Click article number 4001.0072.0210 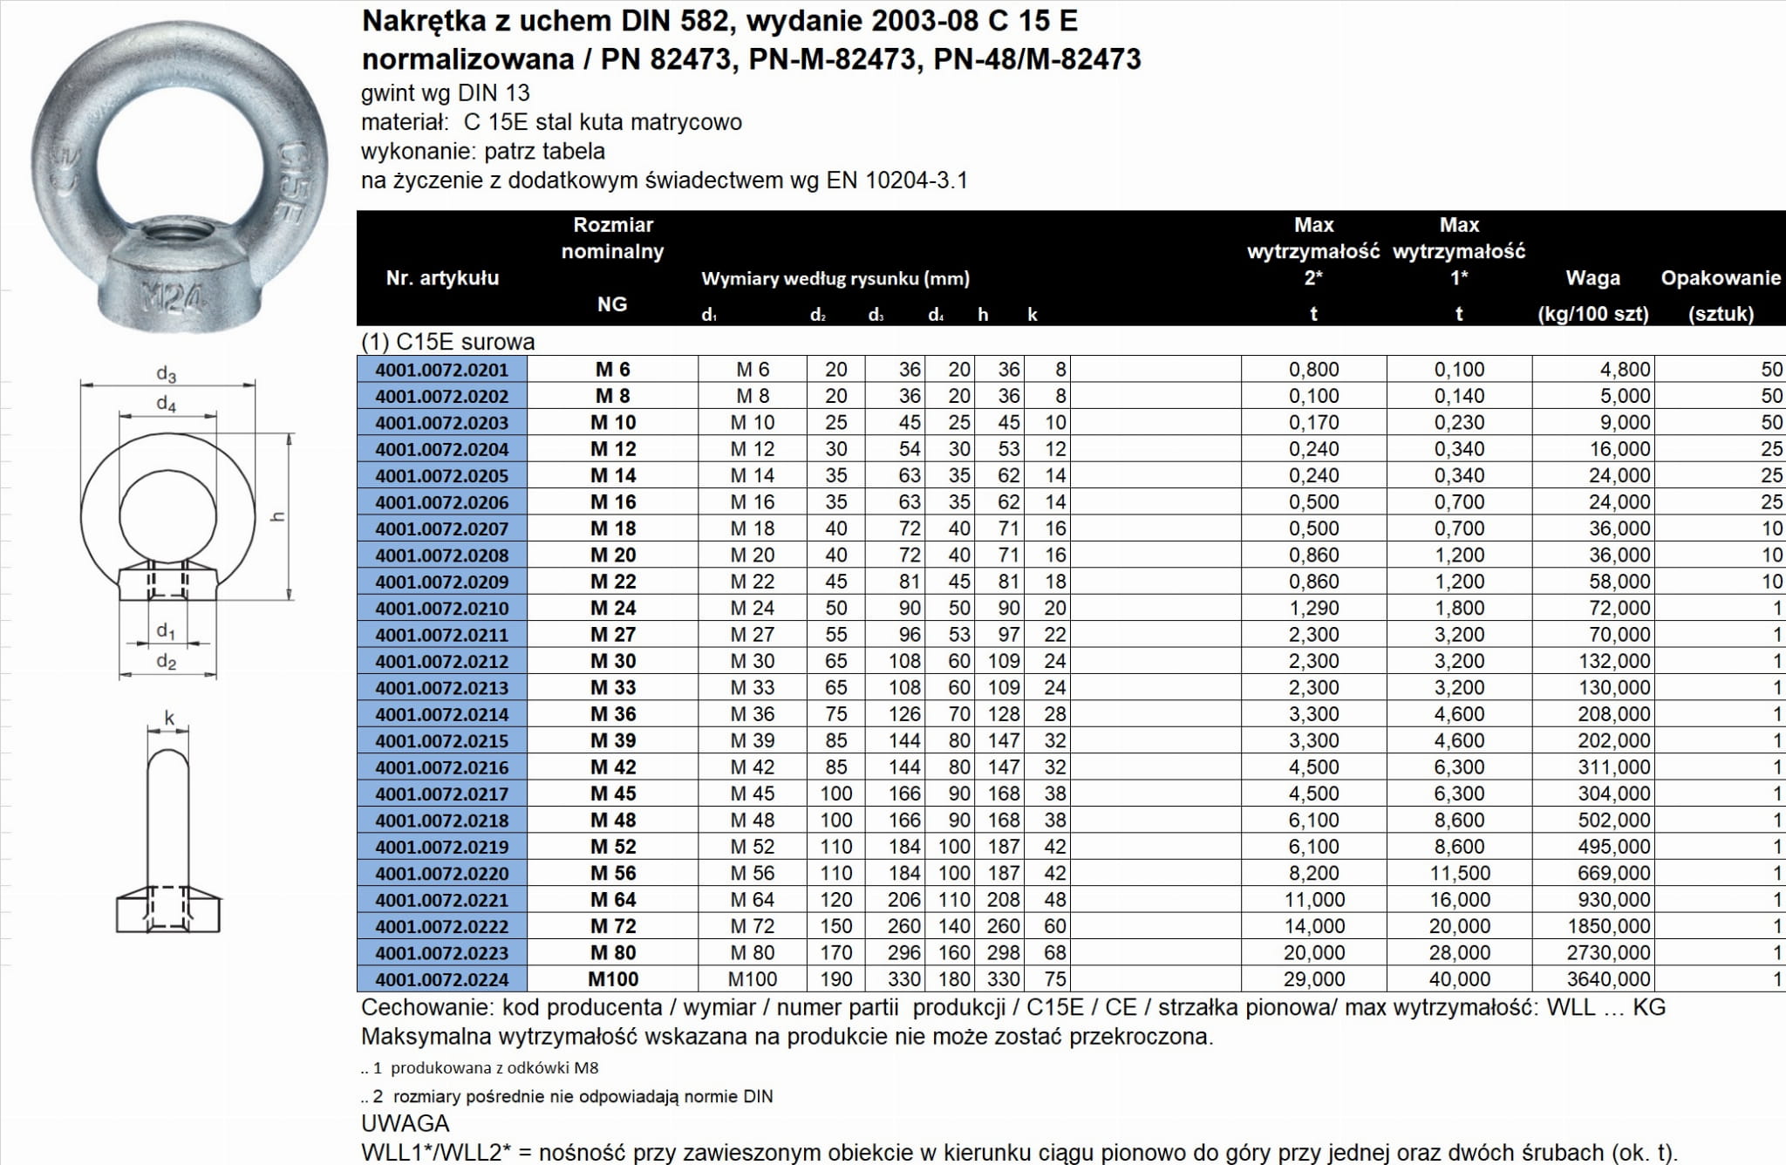[x=442, y=608]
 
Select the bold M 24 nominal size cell [x=613, y=608]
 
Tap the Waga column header [x=1592, y=278]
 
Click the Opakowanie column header [x=1720, y=278]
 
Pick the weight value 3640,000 [x=1608, y=979]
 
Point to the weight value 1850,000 [x=1608, y=926]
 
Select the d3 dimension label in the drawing [x=167, y=374]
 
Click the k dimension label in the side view [x=169, y=719]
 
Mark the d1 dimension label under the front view [x=166, y=630]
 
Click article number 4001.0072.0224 [x=442, y=979]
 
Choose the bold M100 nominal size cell [x=613, y=979]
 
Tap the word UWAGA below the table [x=405, y=1123]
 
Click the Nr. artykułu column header [x=442, y=278]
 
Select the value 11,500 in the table [x=1459, y=873]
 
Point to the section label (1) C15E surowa [x=447, y=342]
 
